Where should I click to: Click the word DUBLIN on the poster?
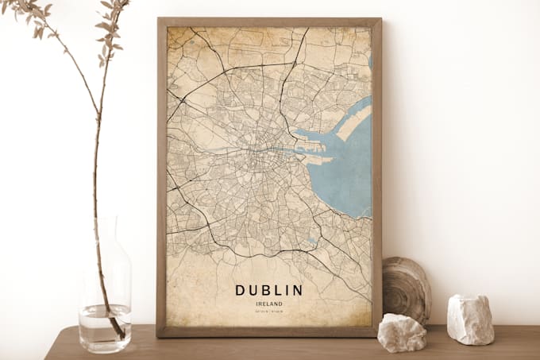pos(268,290)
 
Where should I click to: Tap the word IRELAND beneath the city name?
pos(268,304)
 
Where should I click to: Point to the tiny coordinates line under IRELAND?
pos(268,312)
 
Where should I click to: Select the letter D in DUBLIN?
pos(240,290)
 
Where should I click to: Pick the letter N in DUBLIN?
pos(297,290)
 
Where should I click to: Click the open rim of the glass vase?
pos(105,219)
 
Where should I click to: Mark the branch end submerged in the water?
pos(119,331)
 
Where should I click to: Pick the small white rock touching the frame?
pos(400,331)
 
